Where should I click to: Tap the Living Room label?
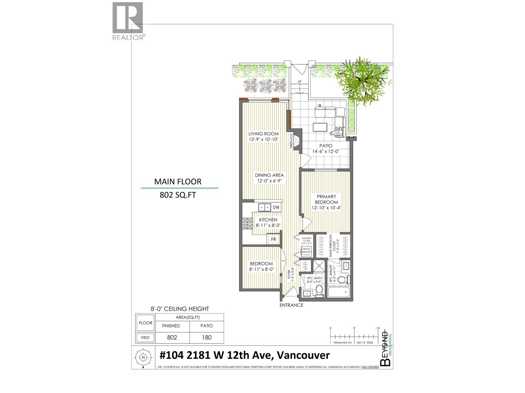263,134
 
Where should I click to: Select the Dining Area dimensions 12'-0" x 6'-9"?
269,180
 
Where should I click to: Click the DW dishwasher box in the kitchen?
276,207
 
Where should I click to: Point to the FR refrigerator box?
273,239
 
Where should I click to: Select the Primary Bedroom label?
326,199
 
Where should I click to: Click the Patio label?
326,146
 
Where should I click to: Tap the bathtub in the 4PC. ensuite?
340,292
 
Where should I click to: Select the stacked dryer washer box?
306,252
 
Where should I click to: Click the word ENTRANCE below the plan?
291,305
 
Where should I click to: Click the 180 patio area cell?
207,337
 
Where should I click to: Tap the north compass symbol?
143,358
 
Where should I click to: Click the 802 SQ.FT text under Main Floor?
178,195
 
